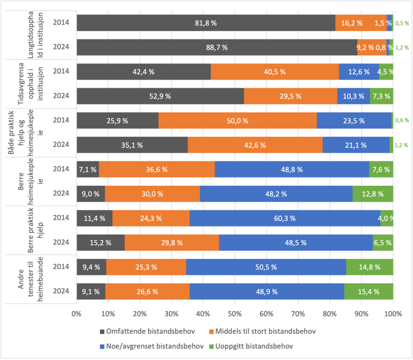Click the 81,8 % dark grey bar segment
(x=205, y=23)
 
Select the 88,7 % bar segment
(x=217, y=47)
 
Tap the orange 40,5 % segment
(x=275, y=72)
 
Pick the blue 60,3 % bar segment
(x=285, y=218)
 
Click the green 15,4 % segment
(x=368, y=291)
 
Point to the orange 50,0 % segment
(x=238, y=121)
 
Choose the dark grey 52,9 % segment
(x=160, y=96)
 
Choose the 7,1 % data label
(x=88, y=170)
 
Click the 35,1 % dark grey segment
(x=132, y=145)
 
